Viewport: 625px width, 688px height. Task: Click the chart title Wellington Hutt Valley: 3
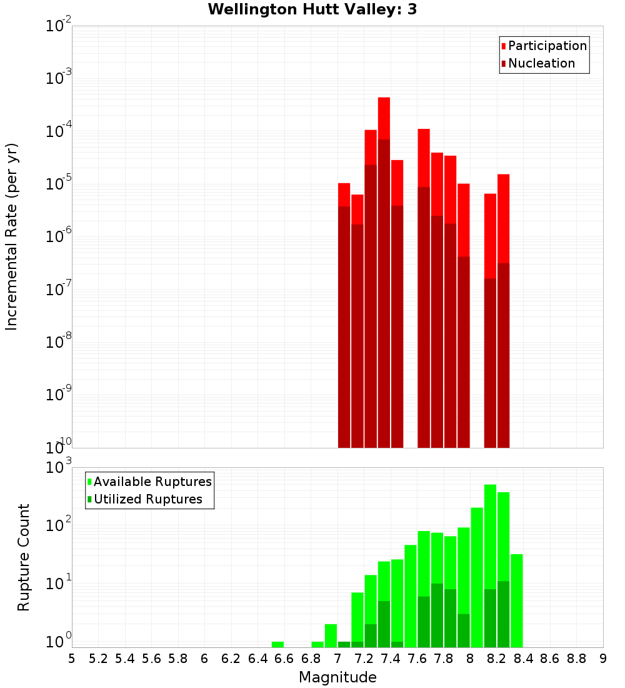tap(312, 9)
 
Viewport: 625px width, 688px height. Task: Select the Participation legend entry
tap(547, 46)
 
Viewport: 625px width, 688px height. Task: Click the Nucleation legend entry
tap(541, 63)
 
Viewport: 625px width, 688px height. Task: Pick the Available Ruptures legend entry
tap(152, 482)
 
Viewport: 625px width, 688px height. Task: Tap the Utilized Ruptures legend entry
tap(147, 499)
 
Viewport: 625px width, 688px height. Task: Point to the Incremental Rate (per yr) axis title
tap(11, 236)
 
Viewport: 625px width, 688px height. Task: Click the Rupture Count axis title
tap(24, 557)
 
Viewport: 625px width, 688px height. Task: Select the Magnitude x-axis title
tap(337, 677)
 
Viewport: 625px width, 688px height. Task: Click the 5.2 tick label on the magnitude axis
tap(98, 659)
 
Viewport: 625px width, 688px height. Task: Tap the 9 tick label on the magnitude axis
tap(603, 659)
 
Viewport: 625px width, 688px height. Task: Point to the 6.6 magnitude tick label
tap(284, 659)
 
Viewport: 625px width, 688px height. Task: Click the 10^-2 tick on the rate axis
tap(59, 26)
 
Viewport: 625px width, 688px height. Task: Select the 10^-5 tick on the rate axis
tap(59, 184)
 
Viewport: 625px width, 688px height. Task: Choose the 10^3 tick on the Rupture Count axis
tap(59, 467)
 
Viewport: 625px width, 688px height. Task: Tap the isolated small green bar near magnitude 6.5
tap(277, 644)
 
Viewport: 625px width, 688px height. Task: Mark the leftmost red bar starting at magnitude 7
tap(344, 313)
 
